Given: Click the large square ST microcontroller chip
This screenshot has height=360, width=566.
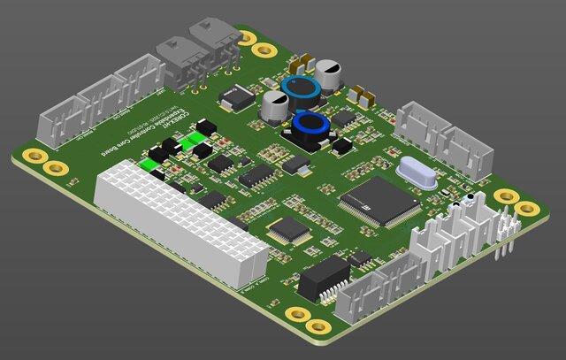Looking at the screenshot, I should tap(379, 201).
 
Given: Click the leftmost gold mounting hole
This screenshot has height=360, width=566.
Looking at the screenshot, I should tap(35, 157).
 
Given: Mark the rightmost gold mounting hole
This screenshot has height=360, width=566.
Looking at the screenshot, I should tap(527, 209).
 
